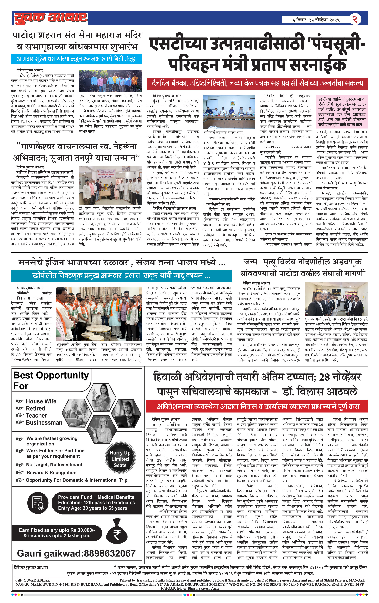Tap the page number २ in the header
click(355, 19)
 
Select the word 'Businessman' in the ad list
click(44, 422)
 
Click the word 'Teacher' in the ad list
click(36, 415)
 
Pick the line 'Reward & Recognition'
click(52, 473)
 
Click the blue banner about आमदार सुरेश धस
click(76, 59)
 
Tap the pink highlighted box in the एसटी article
click(342, 112)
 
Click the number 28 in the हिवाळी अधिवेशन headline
click(324, 377)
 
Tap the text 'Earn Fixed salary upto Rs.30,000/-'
click(57, 530)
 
